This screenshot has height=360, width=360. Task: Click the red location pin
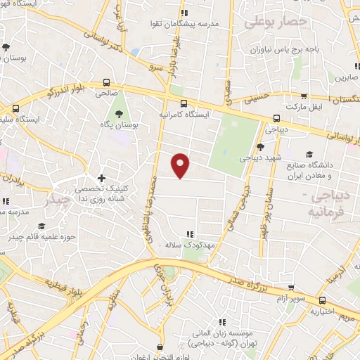pyautogui.click(x=181, y=165)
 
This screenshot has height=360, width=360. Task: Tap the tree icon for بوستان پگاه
pyautogui.click(x=117, y=113)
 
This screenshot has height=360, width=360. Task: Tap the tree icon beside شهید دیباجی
pyautogui.click(x=260, y=147)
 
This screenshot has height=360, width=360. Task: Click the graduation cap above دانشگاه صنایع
pyautogui.click(x=309, y=154)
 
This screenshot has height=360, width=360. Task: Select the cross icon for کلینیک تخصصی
pyautogui.click(x=101, y=179)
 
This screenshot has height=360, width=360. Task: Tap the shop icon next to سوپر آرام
pyautogui.click(x=292, y=287)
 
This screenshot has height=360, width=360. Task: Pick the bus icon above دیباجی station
pyautogui.click(x=276, y=118)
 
